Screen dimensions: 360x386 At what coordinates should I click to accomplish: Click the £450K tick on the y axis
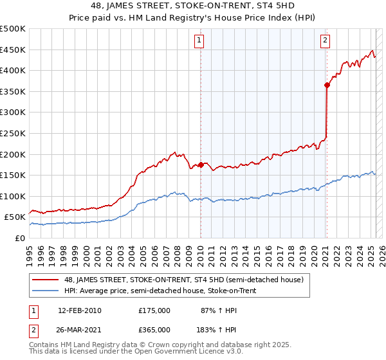pyautogui.click(x=13, y=50)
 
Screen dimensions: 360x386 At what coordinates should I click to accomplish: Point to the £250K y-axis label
pyautogui.click(x=13, y=133)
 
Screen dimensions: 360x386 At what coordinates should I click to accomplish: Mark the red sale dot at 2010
pyautogui.click(x=201, y=165)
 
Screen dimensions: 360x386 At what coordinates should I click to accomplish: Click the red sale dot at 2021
pyautogui.click(x=327, y=85)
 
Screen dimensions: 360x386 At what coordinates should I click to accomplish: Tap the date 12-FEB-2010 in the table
pyautogui.click(x=80, y=310)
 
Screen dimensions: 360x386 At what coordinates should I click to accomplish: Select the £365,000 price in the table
pyautogui.click(x=154, y=329)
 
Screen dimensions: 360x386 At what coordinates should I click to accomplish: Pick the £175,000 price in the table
pyautogui.click(x=154, y=310)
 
